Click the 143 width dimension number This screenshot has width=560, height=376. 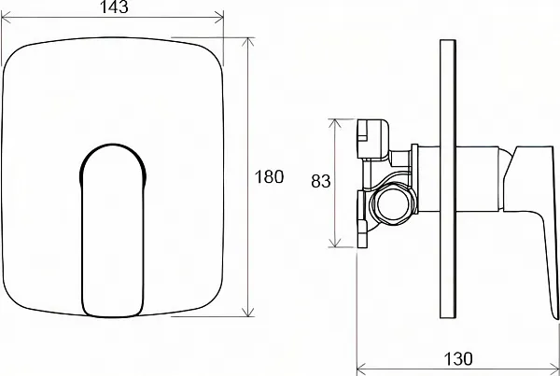114,7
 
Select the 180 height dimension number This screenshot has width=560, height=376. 270,176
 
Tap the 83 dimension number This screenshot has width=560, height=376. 321,181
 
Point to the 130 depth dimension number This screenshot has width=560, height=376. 458,359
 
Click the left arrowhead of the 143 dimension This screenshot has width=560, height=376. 7,17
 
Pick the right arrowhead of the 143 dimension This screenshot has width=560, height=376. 219,17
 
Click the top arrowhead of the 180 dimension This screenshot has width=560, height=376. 248,42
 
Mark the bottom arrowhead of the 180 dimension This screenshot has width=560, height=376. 248,312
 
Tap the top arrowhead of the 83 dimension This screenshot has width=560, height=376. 335,123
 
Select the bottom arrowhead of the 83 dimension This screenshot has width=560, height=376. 335,243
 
